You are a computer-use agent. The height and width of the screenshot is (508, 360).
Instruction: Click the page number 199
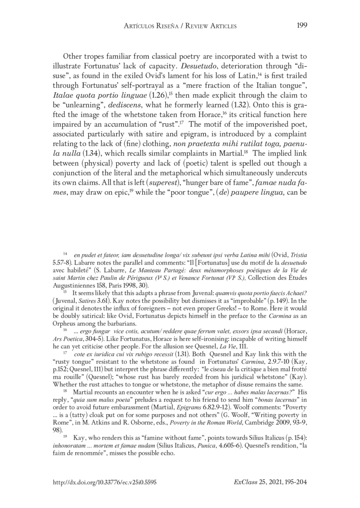[x=302, y=26]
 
